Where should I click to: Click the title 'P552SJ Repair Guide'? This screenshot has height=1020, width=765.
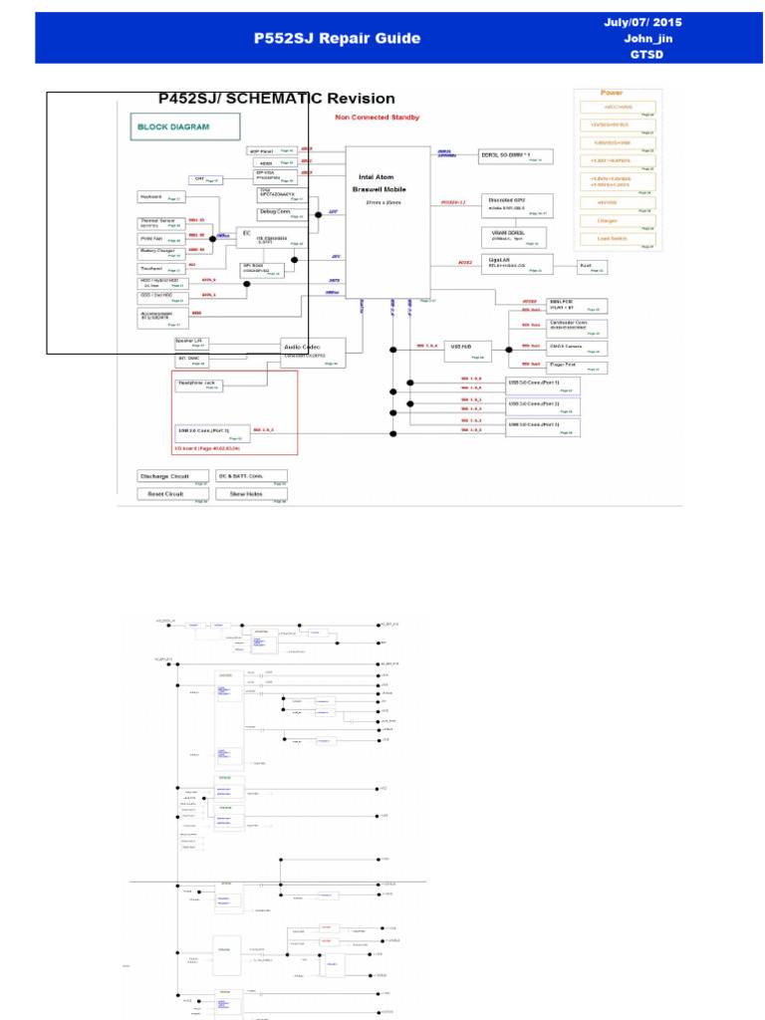click(x=338, y=38)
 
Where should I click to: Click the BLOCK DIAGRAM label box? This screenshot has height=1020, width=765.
click(x=186, y=127)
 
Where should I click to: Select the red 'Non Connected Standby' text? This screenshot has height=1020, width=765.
click(x=378, y=118)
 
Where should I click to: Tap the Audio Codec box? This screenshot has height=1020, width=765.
click(x=313, y=351)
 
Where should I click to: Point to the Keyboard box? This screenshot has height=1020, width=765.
click(x=159, y=197)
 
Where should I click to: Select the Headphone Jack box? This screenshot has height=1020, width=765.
click(x=198, y=384)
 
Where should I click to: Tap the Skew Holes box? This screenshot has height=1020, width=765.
click(x=251, y=494)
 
